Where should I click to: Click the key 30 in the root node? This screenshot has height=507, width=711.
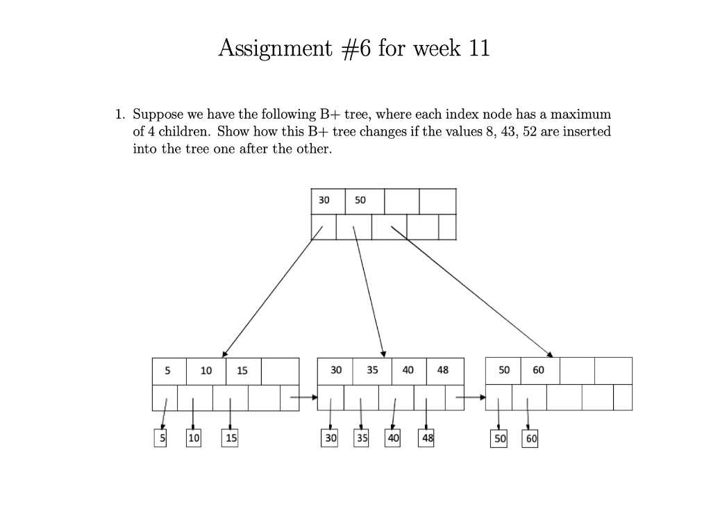324,200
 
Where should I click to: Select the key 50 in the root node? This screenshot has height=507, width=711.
360,200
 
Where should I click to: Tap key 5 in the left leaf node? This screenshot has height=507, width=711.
167,370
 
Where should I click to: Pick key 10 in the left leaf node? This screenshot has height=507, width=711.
206,370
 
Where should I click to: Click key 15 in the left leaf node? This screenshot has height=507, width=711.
242,370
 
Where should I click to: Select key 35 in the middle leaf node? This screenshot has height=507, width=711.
372,370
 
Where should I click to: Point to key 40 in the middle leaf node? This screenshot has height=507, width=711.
408,370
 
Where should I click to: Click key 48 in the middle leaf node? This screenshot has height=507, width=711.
443,370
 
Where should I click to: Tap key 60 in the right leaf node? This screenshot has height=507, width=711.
539,370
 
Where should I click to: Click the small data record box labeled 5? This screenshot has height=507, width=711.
160,438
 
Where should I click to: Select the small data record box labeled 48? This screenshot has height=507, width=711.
426,438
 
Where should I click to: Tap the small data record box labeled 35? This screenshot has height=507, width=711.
362,438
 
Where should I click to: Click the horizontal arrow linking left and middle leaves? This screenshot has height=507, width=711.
303,397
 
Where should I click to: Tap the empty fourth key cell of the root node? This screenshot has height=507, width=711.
437,200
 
